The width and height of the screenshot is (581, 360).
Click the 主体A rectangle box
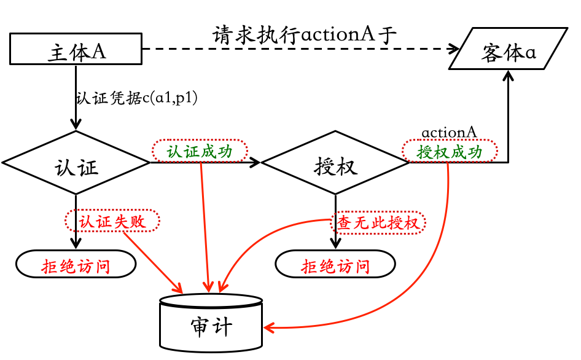tap(76, 50)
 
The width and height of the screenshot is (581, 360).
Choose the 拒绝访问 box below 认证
tap(76, 265)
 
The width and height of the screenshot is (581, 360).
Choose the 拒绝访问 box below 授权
tap(335, 265)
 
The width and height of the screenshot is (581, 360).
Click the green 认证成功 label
tap(200, 151)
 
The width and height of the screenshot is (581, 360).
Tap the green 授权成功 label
tap(450, 151)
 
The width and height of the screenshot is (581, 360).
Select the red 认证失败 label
tap(112, 221)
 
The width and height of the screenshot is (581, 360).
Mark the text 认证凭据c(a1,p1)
tap(136, 98)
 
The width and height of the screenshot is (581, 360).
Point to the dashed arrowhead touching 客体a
tap(454, 50)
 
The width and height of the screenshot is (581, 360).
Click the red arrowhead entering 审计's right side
tap(269, 327)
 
